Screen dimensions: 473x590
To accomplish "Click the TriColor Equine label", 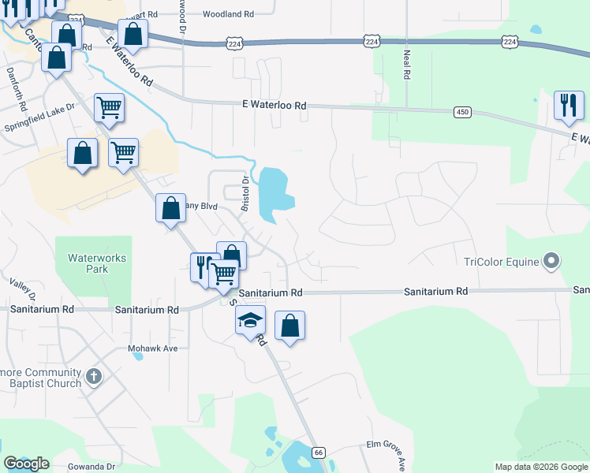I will (500, 262).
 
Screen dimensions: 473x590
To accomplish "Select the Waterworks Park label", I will (97, 263).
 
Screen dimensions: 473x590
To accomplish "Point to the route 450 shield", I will (462, 113).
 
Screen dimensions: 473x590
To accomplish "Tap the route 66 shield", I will (319, 452).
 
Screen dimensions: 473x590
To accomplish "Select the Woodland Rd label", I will (228, 14).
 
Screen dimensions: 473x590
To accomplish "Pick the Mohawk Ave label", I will (154, 347).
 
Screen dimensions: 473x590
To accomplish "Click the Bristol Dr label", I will (245, 190).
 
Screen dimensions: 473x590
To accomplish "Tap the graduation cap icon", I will (250, 320).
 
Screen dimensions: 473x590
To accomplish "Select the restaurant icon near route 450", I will (568, 105).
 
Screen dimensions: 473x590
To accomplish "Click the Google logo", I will (26, 464).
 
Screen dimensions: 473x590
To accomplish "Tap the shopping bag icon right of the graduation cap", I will (290, 325).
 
